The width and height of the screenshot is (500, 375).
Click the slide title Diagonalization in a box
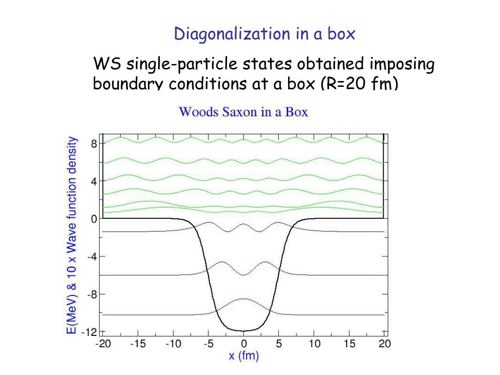[x=265, y=34]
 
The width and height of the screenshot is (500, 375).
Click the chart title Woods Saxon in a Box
[x=243, y=112]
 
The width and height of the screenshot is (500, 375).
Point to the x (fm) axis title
[x=244, y=356]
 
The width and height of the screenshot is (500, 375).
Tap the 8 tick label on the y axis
[x=94, y=144]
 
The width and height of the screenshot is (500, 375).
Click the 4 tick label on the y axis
[x=94, y=181]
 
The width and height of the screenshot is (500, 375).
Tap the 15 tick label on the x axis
[x=350, y=344]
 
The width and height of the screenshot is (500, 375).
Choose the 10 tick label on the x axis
[x=314, y=344]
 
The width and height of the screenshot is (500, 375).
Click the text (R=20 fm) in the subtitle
[x=359, y=83]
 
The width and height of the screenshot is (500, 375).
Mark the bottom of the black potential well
[x=244, y=331]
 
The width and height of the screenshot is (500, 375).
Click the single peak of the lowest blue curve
[x=244, y=299]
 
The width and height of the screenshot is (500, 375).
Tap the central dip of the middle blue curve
[x=244, y=275]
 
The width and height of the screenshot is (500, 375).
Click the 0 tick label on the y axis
[x=94, y=219]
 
